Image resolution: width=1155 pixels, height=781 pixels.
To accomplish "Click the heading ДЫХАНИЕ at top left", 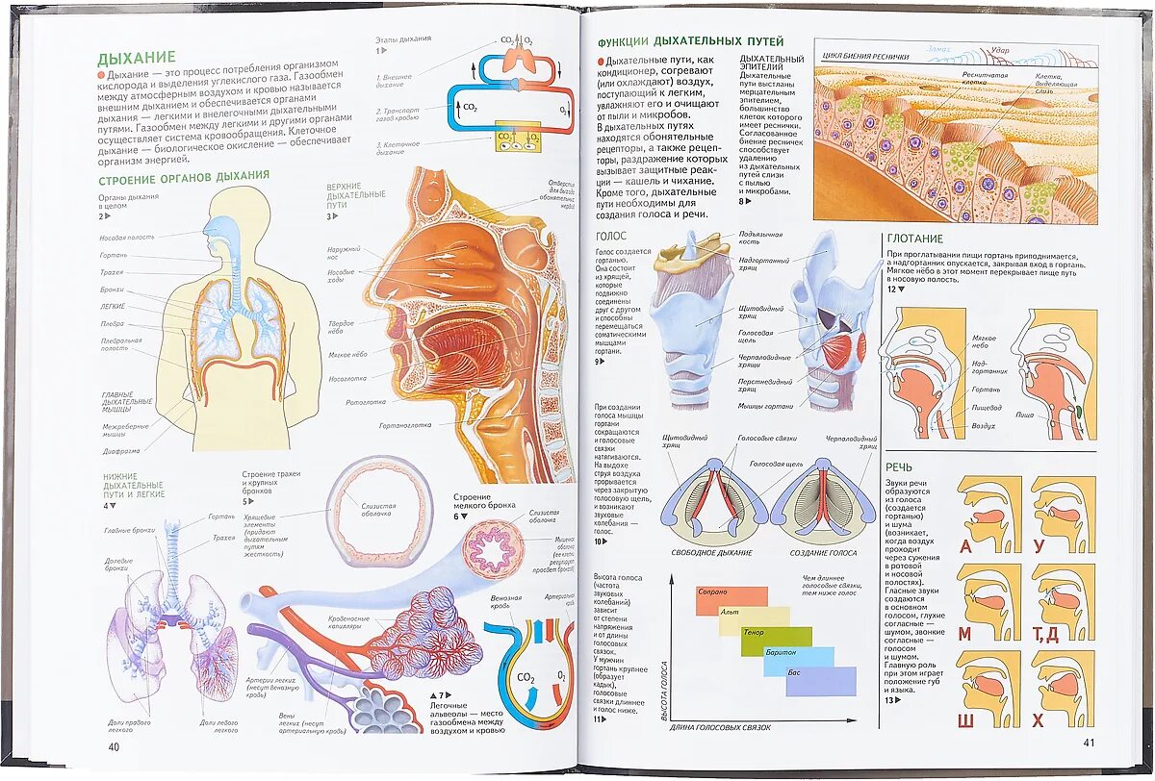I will pos(137,58).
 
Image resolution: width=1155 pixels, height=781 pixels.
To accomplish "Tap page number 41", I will pos(1089,742).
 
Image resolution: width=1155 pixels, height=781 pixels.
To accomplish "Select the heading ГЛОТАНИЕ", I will pos(914,239).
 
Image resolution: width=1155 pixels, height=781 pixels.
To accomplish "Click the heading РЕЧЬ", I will pos(900,466).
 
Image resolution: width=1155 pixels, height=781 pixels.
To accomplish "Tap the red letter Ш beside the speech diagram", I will pos(965,720).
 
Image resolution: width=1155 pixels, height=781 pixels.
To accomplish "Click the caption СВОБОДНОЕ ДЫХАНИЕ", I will pos(712,553).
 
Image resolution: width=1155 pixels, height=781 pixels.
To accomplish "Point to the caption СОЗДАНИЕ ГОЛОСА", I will pos(823,553).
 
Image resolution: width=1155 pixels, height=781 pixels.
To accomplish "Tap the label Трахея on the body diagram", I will pos(113,272).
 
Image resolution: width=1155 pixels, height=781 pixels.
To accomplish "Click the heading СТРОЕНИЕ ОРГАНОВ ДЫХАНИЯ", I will pos(183,175).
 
